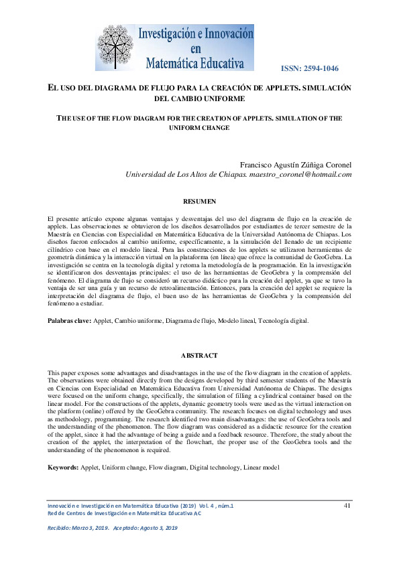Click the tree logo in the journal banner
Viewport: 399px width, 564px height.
pos(116,48)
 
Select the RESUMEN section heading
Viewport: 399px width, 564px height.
pos(199,201)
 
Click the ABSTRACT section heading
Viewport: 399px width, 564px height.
pos(199,355)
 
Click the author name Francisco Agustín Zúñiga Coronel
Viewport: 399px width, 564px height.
pos(296,165)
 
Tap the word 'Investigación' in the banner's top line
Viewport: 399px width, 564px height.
pos(168,34)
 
